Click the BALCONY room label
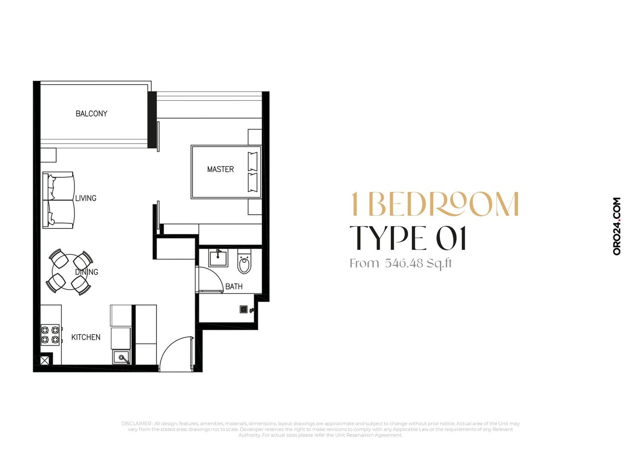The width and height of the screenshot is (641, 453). [x=92, y=114]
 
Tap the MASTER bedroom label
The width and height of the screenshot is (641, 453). [x=220, y=169]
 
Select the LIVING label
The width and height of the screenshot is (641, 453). [x=86, y=198]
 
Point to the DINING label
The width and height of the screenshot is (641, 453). [x=87, y=272]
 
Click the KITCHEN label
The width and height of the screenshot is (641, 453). [x=86, y=337]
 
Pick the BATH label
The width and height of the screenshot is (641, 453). [x=234, y=286]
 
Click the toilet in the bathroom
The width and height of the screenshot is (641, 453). [x=244, y=261]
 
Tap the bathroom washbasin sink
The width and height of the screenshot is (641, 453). [x=218, y=258]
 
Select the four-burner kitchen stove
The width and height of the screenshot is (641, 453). [x=51, y=335]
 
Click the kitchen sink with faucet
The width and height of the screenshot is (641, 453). [x=122, y=357]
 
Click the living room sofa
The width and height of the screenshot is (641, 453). [x=58, y=200]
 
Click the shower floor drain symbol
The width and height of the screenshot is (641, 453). [x=243, y=309]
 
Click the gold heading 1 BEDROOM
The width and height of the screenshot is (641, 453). [x=434, y=204]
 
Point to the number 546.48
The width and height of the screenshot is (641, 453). [x=404, y=263]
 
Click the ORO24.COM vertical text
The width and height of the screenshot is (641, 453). [x=617, y=226]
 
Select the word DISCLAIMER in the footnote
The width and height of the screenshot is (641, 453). [x=136, y=423]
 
